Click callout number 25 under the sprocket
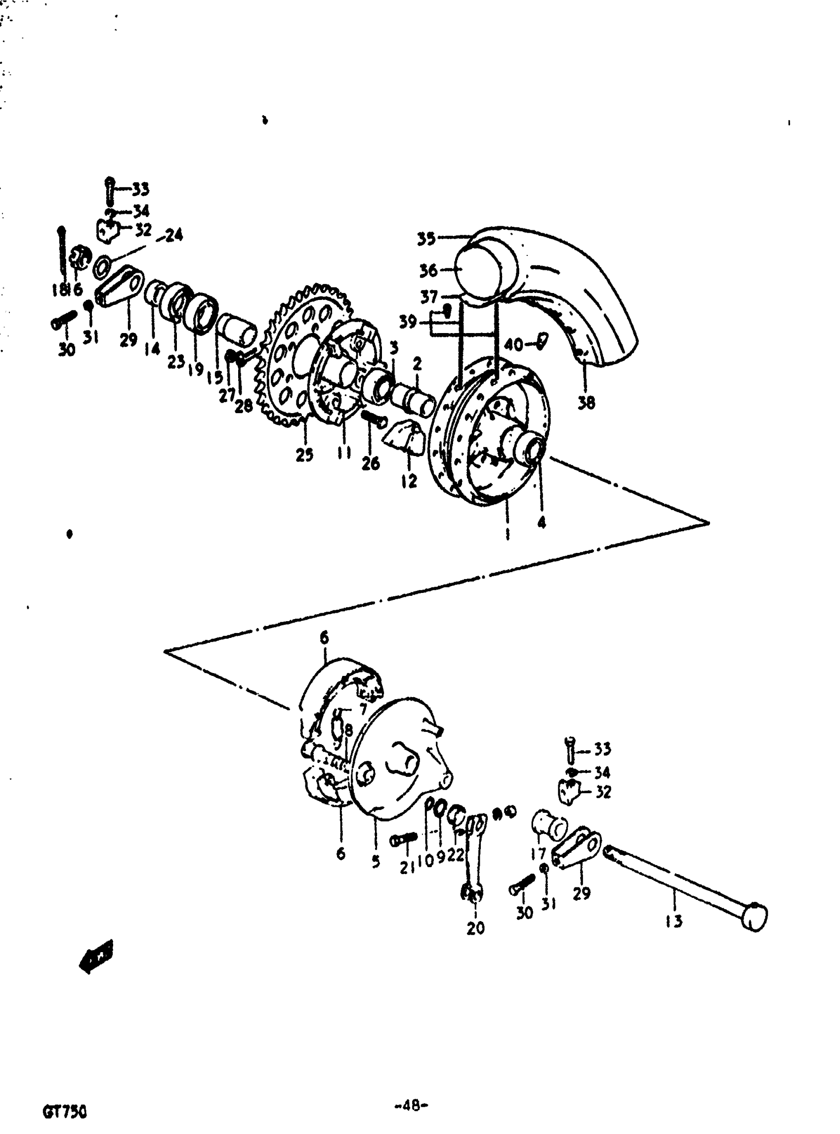[304, 455]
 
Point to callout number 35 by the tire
[426, 239]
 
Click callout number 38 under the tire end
[587, 403]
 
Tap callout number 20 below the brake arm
[475, 928]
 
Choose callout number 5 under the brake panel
[375, 861]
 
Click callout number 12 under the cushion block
[408, 481]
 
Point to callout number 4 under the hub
[542, 522]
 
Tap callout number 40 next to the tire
[514, 345]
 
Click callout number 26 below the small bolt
[371, 463]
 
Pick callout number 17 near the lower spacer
[538, 853]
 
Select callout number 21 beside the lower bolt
[407, 867]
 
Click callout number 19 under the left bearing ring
[195, 369]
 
